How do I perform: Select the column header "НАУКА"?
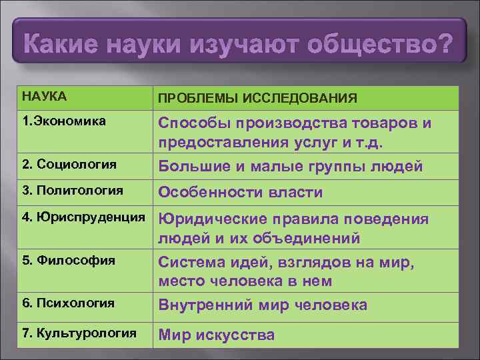click(x=44, y=97)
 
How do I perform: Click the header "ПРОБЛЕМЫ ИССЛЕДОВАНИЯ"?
click(x=257, y=99)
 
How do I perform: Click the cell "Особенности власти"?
click(x=240, y=193)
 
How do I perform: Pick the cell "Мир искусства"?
click(x=216, y=335)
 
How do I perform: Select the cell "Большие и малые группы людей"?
click(x=290, y=166)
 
